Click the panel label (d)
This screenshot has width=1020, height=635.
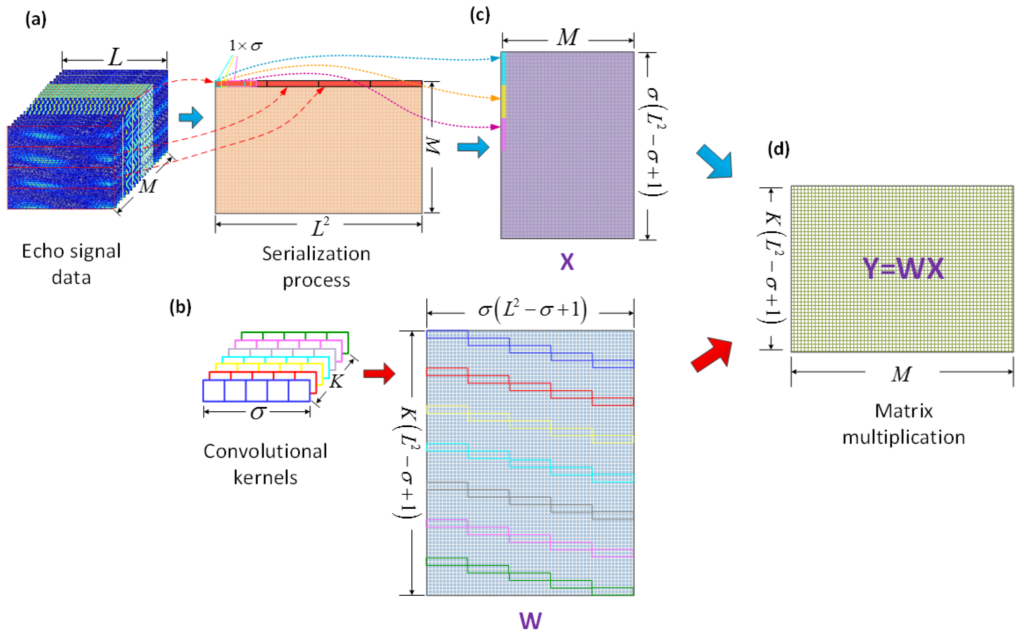tap(779, 149)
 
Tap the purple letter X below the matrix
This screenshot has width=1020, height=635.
tap(567, 262)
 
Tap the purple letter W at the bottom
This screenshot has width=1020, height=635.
tap(530, 621)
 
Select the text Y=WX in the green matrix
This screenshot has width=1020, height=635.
tap(903, 269)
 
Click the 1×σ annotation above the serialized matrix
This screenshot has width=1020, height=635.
tap(246, 46)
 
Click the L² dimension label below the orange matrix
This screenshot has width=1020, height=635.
tap(320, 227)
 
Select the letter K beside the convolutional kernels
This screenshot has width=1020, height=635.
tap(336, 381)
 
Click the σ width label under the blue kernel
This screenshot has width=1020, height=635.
tap(257, 413)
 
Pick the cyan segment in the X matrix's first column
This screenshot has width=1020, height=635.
tap(503, 68)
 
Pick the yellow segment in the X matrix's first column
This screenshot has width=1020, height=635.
tap(503, 101)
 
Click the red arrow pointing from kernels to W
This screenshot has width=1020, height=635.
tap(379, 373)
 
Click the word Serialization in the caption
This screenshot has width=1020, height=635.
tap(316, 254)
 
